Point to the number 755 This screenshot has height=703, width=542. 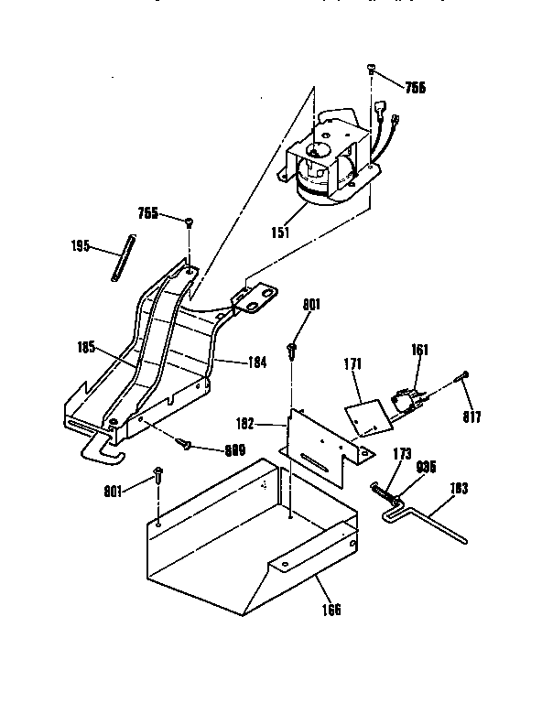(147, 214)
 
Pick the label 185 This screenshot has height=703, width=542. (88, 348)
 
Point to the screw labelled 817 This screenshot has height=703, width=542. (466, 375)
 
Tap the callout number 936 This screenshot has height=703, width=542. (427, 467)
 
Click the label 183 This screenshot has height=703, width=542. (459, 489)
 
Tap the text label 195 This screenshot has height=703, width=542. (82, 245)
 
